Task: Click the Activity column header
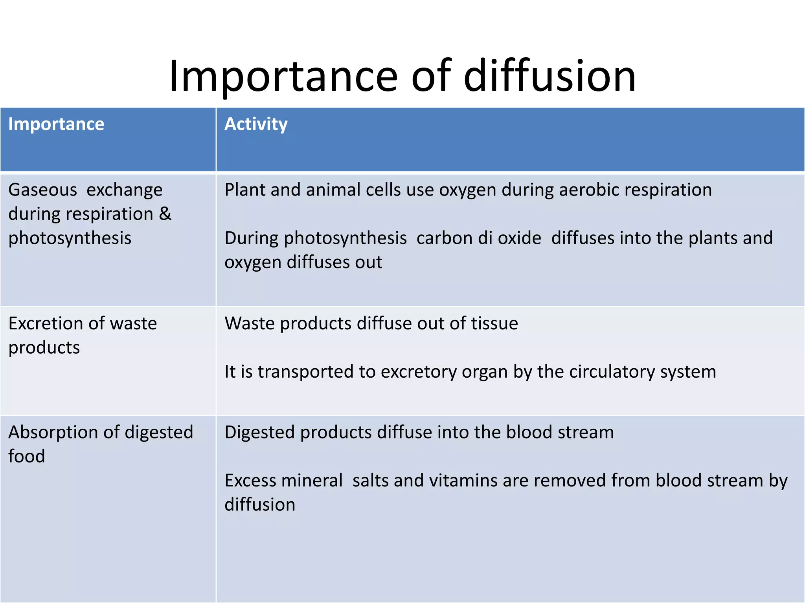[x=256, y=124]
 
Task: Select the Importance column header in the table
[x=56, y=124]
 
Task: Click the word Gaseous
[x=42, y=190]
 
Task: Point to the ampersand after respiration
[x=165, y=214]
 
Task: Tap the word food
[x=26, y=456]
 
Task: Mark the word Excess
[x=250, y=481]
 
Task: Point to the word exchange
[x=124, y=190]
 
